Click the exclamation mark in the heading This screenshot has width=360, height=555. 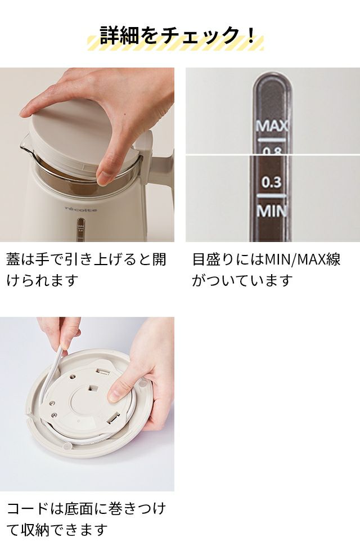251,35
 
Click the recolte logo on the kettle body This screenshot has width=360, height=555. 81,209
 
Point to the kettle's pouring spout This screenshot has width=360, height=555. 25,145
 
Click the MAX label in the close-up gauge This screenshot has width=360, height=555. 272,126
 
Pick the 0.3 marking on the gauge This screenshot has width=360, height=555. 272,182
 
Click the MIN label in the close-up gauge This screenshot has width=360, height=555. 272,211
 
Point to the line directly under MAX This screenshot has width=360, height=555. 272,140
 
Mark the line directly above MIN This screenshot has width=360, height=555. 272,195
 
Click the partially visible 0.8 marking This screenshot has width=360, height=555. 272,151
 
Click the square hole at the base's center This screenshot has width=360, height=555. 93,388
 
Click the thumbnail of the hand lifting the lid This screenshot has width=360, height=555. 87,155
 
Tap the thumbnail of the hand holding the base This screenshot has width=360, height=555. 87,404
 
